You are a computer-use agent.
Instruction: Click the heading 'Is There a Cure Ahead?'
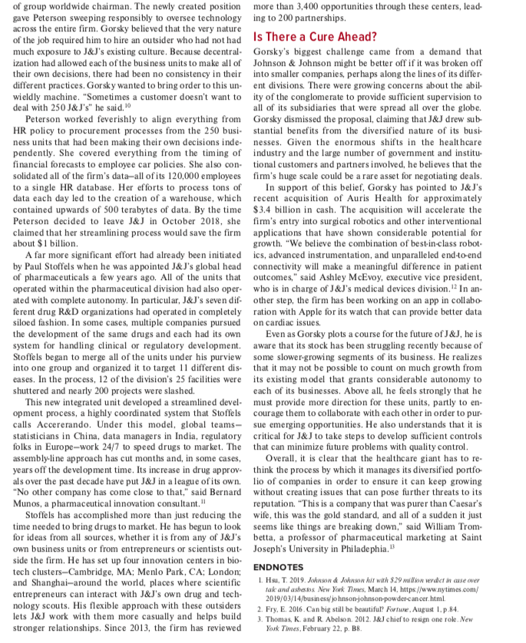315,36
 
